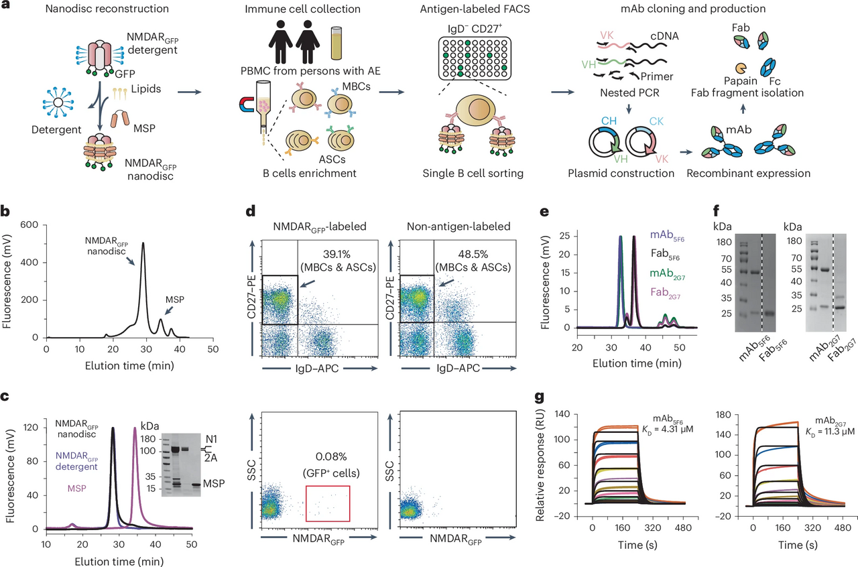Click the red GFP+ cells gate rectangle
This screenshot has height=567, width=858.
coord(328,502)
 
